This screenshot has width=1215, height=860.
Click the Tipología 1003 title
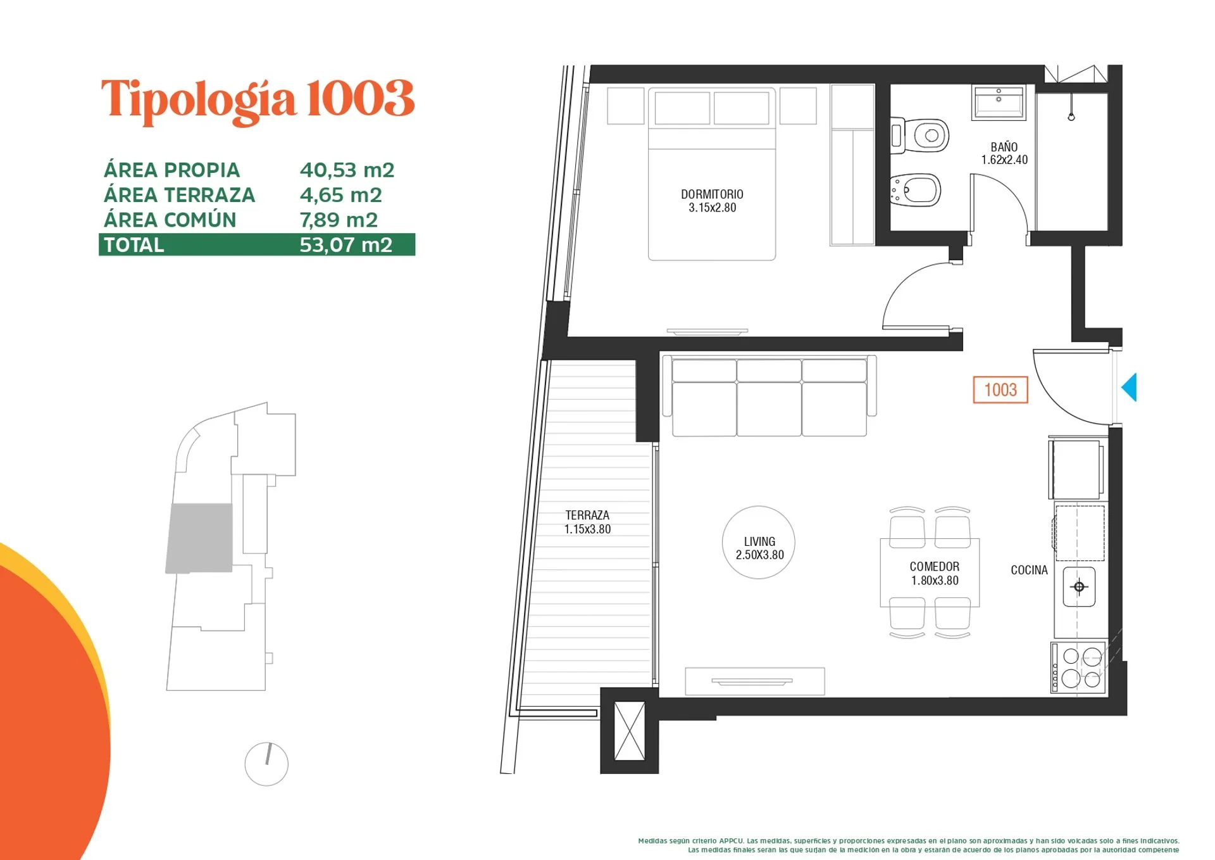258,100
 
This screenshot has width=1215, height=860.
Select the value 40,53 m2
347,170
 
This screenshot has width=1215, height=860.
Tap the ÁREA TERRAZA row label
179,194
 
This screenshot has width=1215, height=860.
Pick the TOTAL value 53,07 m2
346,244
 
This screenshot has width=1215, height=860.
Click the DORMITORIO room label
712,194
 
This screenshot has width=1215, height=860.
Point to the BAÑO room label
1004,147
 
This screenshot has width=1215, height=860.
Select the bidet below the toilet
915,190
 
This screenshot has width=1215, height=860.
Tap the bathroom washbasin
999,103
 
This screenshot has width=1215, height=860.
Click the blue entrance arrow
1130,387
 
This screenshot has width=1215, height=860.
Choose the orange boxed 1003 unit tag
1000,390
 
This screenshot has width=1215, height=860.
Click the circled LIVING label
759,542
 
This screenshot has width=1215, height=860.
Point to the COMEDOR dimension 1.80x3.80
935,580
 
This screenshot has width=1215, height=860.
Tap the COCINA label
1029,570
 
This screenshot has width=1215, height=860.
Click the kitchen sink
1079,587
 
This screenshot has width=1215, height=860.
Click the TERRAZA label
587,515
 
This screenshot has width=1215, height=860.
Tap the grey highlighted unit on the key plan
199,538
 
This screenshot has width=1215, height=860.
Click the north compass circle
266,764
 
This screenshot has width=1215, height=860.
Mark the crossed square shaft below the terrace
630,731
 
